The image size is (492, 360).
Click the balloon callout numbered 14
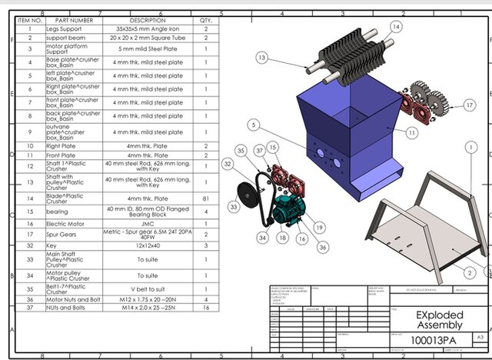tap(396, 26)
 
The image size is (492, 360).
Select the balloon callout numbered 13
tap(262, 57)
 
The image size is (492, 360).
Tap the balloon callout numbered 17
tap(470, 105)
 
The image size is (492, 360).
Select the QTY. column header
tap(206, 20)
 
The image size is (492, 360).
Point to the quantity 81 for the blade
tap(206, 197)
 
